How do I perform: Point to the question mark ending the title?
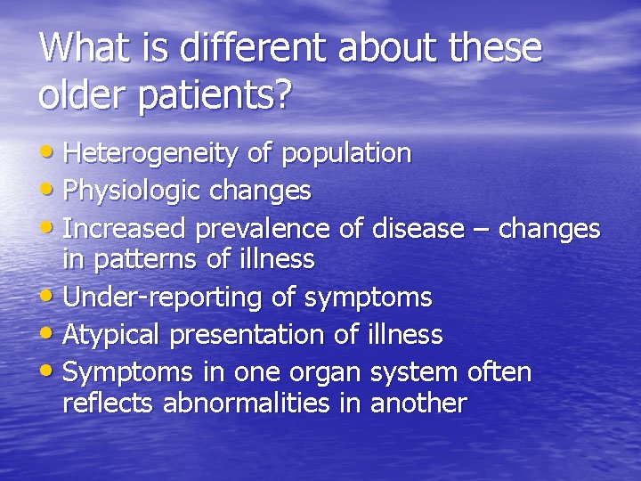282,95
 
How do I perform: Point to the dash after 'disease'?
481,231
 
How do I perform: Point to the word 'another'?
418,404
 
